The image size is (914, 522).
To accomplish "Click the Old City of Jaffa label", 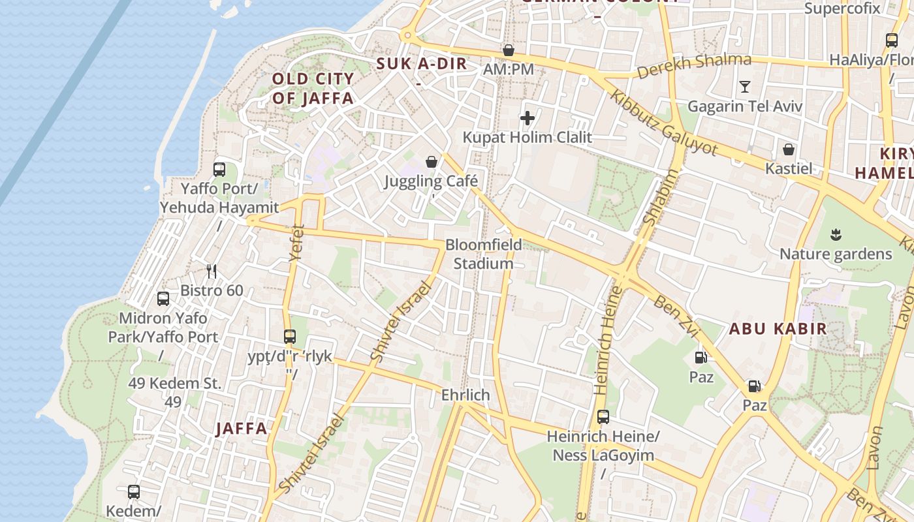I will click(313, 89).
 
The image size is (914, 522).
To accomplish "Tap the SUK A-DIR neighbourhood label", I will click(422, 64).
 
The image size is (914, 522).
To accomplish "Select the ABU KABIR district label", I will click(778, 328).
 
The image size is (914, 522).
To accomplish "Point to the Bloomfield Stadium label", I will click(484, 254).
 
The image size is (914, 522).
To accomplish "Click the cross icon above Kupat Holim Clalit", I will click(528, 118).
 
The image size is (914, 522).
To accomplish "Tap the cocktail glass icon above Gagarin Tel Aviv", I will click(744, 86).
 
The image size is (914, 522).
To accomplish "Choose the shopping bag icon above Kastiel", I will click(789, 149).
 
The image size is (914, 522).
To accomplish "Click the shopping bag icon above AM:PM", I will click(509, 50).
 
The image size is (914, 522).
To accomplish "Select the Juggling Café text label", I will click(431, 181).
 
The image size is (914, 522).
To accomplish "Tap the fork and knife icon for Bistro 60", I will click(212, 271).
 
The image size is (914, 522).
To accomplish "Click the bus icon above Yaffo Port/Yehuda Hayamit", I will click(219, 170).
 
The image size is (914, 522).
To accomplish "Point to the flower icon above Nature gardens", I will click(836, 234).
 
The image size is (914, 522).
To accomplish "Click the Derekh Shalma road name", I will click(694, 65).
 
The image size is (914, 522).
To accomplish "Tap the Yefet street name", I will click(297, 243).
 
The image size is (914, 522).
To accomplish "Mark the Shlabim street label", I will click(661, 197).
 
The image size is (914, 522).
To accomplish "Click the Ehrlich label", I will click(465, 395).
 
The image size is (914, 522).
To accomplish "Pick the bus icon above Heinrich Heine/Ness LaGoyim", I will click(603, 416).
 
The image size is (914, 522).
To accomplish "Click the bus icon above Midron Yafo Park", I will click(163, 299).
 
